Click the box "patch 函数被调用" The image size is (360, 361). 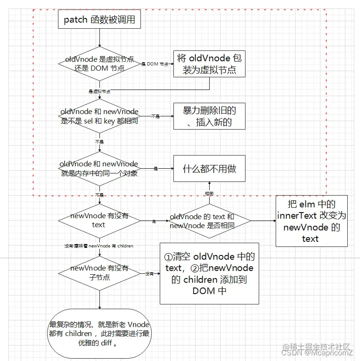[x=99, y=20]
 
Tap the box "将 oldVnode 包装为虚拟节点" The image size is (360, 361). [x=210, y=64]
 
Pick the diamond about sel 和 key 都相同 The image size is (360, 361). [x=99, y=116]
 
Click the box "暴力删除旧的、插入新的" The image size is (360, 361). [x=210, y=116]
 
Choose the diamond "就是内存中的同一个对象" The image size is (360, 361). [x=99, y=168]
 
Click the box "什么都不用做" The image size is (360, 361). [x=210, y=168]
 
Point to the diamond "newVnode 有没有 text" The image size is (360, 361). [x=99, y=220]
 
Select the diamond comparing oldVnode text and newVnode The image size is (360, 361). [x=209, y=221]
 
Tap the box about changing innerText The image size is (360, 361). [x=311, y=221]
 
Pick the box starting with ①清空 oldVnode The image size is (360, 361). [x=209, y=273]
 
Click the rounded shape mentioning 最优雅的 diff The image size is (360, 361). [x=99, y=334]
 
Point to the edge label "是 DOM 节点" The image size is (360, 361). [x=155, y=64]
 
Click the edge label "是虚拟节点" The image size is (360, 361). [x=99, y=91]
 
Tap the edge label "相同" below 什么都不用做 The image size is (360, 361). [x=209, y=194]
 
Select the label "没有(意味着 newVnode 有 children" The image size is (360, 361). [x=99, y=246]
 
